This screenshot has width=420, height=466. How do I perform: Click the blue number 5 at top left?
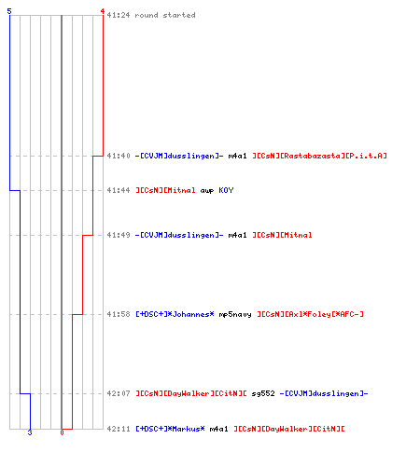[9, 11]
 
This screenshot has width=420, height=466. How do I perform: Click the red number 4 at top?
[102, 11]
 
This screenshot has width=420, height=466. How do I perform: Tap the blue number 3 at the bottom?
[30, 432]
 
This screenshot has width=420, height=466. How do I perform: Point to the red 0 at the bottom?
[62, 432]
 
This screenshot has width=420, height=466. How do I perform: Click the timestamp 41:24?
[119, 15]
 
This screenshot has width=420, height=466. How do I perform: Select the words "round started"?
[165, 15]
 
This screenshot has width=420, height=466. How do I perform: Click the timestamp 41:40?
[119, 156]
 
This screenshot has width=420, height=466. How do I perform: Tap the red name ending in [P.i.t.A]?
[319, 156]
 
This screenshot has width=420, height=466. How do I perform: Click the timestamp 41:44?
[119, 190]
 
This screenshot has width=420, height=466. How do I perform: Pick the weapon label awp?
[207, 191]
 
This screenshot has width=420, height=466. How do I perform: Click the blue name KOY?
[226, 190]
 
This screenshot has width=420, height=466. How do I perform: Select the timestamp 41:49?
[119, 235]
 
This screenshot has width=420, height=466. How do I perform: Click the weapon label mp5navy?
[235, 315]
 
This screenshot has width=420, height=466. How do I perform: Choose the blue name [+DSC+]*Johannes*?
[175, 314]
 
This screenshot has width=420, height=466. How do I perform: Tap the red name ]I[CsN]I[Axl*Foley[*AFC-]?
[310, 314]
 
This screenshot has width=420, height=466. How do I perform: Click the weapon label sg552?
[263, 394]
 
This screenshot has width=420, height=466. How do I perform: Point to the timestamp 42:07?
[119, 393]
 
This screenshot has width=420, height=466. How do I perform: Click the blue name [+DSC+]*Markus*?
[170, 429]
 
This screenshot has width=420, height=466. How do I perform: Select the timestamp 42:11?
[119, 429]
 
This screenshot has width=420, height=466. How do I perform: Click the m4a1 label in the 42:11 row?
[218, 429]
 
